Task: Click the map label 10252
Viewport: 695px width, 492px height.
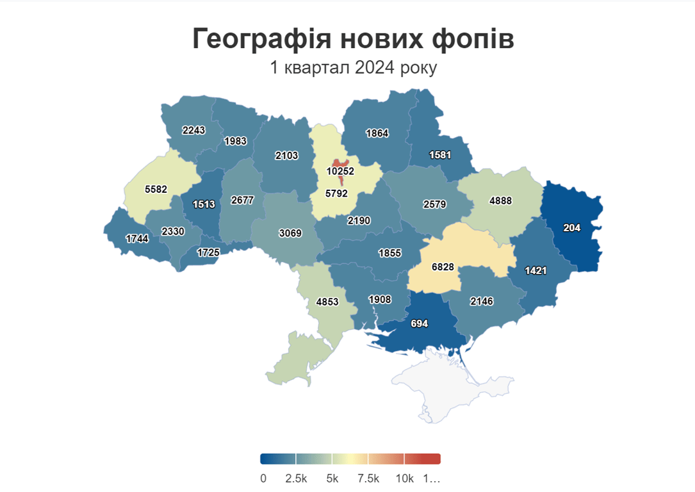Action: [340, 171]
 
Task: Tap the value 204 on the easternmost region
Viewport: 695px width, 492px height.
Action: [572, 227]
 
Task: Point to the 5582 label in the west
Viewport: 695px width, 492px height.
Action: [156, 190]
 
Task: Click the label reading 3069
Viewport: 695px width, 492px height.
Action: [290, 233]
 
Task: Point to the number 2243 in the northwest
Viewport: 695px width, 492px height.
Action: [193, 130]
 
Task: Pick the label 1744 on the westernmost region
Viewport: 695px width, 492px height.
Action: [136, 238]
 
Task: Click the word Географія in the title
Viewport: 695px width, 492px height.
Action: [261, 39]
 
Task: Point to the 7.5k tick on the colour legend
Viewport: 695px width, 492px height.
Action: [368, 479]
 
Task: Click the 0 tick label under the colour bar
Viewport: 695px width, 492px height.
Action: [263, 479]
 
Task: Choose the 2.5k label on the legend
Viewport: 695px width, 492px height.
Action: [297, 479]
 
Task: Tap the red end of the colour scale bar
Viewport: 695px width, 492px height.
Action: [429, 459]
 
